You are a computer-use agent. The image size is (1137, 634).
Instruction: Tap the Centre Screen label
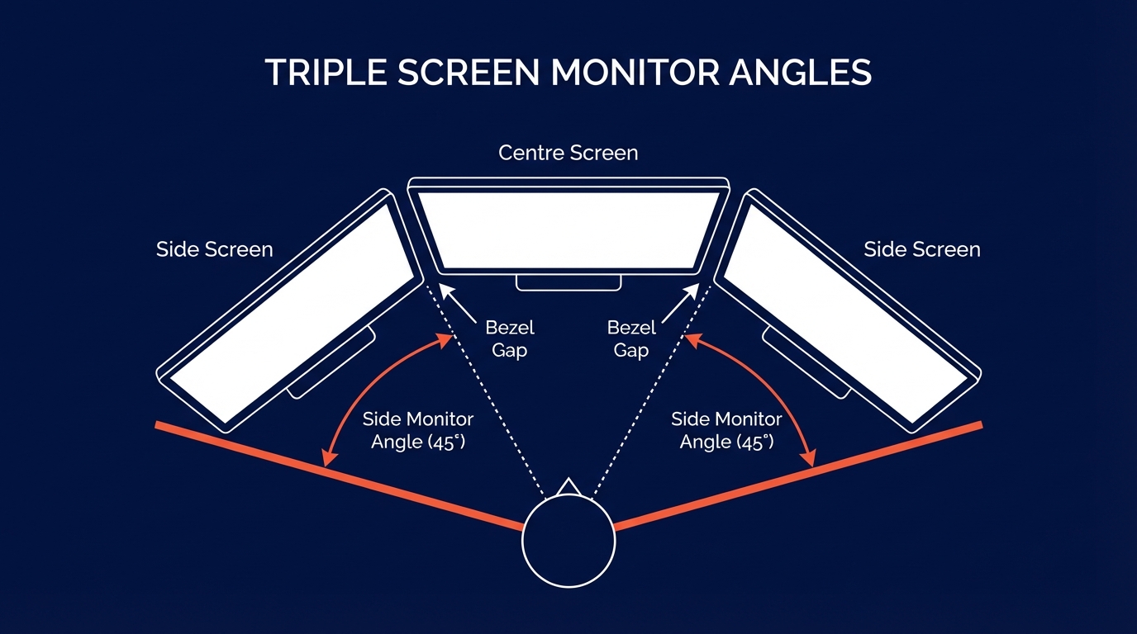click(x=568, y=154)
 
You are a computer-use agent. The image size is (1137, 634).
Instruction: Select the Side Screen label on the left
click(x=214, y=249)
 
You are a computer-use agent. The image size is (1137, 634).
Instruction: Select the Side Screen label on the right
click(x=922, y=249)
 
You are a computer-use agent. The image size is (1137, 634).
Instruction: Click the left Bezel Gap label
click(x=510, y=338)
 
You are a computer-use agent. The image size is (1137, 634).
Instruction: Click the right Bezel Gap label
click(x=631, y=338)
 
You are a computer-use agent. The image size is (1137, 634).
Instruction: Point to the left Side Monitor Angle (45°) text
click(x=418, y=430)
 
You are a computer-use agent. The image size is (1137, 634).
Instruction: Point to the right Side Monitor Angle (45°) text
click(x=726, y=430)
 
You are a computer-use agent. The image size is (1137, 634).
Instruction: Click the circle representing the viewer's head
click(x=568, y=542)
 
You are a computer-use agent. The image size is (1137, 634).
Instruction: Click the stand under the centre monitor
click(x=568, y=282)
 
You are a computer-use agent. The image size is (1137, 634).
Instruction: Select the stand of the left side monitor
click(x=331, y=364)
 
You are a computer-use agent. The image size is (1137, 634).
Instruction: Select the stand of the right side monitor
click(x=806, y=364)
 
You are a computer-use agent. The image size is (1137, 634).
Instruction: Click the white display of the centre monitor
click(x=568, y=229)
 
